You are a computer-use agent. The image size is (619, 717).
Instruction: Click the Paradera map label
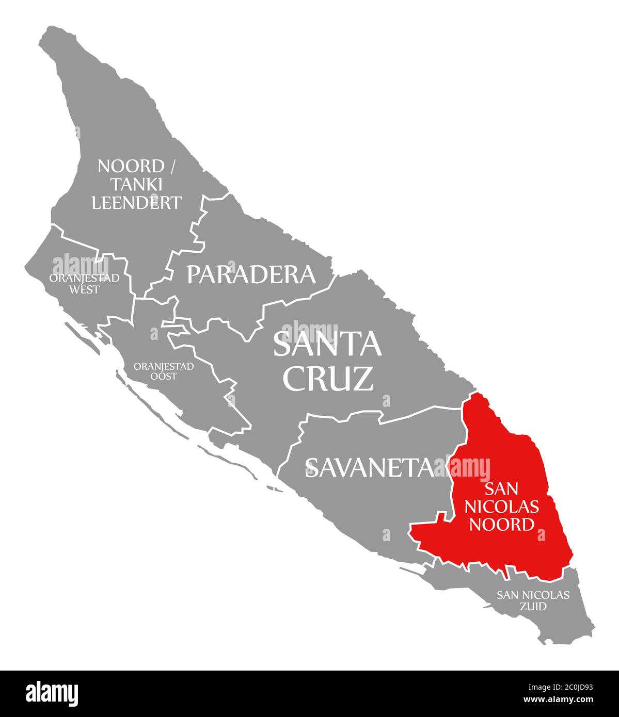pos(251,274)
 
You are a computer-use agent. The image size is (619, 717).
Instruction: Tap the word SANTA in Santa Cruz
pos(327,345)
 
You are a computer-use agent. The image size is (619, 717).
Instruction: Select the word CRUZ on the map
pos(328,378)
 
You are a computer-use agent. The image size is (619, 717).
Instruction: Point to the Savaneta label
pos(370,467)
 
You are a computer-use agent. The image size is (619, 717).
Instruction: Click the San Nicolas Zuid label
pos(533,600)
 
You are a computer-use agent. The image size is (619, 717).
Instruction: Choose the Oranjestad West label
pos(84,283)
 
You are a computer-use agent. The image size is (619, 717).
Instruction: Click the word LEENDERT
pos(137,203)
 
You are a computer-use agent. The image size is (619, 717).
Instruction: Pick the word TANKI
pos(136,185)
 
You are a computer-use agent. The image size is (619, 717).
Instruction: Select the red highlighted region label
pos(502,506)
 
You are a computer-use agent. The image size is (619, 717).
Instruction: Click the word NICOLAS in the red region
pos(502,507)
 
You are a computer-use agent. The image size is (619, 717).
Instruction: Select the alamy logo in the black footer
pos(52,693)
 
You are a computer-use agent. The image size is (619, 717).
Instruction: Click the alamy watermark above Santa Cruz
pos(310,331)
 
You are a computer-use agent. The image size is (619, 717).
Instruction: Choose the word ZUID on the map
pos(533,607)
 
